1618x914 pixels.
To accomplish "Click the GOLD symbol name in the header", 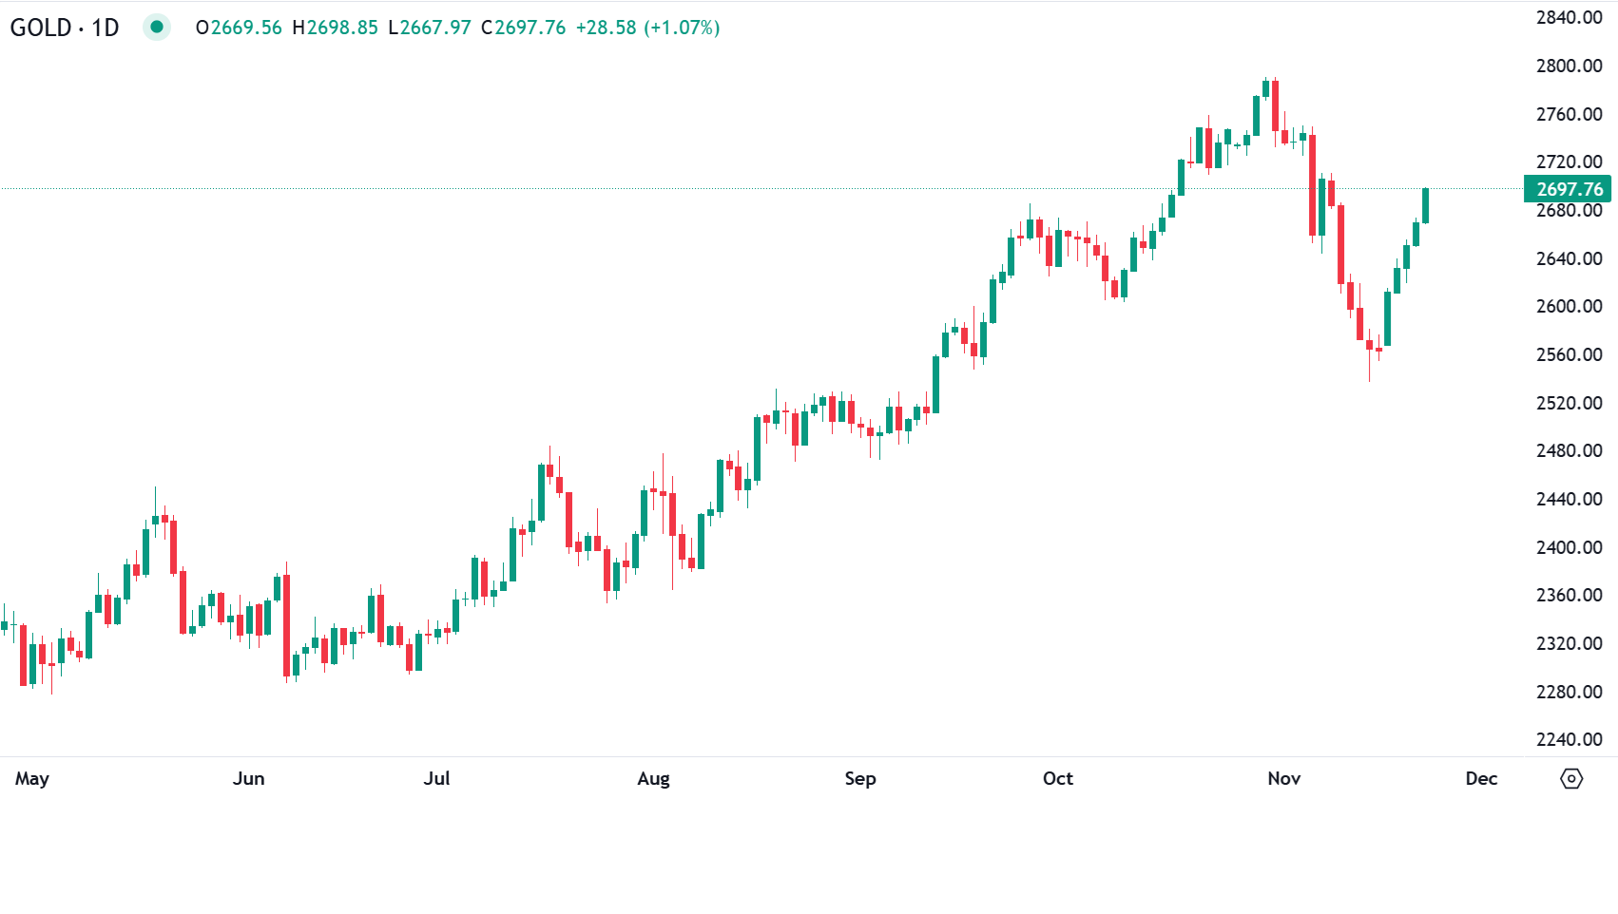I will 41,28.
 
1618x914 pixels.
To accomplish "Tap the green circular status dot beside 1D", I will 157,27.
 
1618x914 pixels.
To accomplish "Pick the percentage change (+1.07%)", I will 682,28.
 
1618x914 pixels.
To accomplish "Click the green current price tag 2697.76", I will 1569,189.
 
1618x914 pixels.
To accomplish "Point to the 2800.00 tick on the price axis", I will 1569,66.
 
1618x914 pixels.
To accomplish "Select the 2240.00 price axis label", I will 1569,739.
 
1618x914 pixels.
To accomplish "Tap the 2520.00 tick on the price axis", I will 1569,403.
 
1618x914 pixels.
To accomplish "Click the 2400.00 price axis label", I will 1569,547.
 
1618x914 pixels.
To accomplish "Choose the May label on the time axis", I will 31,778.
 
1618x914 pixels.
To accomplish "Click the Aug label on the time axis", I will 653,778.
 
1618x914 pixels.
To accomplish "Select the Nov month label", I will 1283,778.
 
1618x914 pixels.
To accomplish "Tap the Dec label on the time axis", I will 1481,778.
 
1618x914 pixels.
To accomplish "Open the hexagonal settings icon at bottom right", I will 1571,779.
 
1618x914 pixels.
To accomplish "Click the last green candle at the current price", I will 1425,205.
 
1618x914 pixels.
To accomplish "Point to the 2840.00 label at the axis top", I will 1569,17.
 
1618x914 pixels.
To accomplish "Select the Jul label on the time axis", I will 436,778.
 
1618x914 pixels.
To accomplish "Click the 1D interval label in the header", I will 106,28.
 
